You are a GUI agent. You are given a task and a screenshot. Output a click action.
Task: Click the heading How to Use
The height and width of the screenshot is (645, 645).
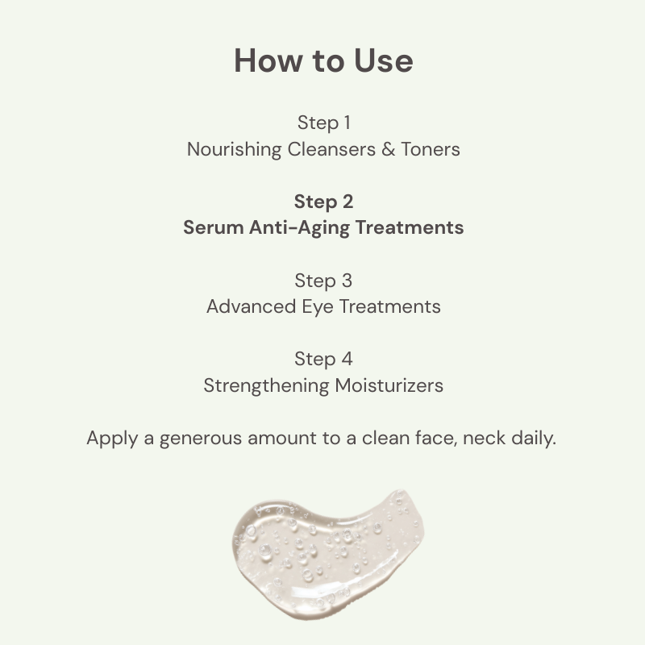point(323,61)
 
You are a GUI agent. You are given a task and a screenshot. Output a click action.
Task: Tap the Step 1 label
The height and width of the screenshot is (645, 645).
point(323,123)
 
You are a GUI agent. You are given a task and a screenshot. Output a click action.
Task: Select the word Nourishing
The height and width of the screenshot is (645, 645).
point(235,149)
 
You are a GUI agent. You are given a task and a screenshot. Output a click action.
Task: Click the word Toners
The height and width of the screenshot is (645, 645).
point(431,149)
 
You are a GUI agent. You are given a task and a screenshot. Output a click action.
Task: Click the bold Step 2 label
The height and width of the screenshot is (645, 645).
point(323,202)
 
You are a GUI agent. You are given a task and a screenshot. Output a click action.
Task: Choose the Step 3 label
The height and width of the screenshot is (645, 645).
point(323,281)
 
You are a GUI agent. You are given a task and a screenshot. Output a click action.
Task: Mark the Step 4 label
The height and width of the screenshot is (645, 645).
point(323,359)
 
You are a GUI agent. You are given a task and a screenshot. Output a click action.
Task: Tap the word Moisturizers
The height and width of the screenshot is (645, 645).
point(390,385)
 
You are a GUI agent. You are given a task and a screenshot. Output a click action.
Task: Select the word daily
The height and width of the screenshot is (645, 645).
point(534,439)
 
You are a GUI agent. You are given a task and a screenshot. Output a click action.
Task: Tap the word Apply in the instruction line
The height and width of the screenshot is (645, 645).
point(110,439)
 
